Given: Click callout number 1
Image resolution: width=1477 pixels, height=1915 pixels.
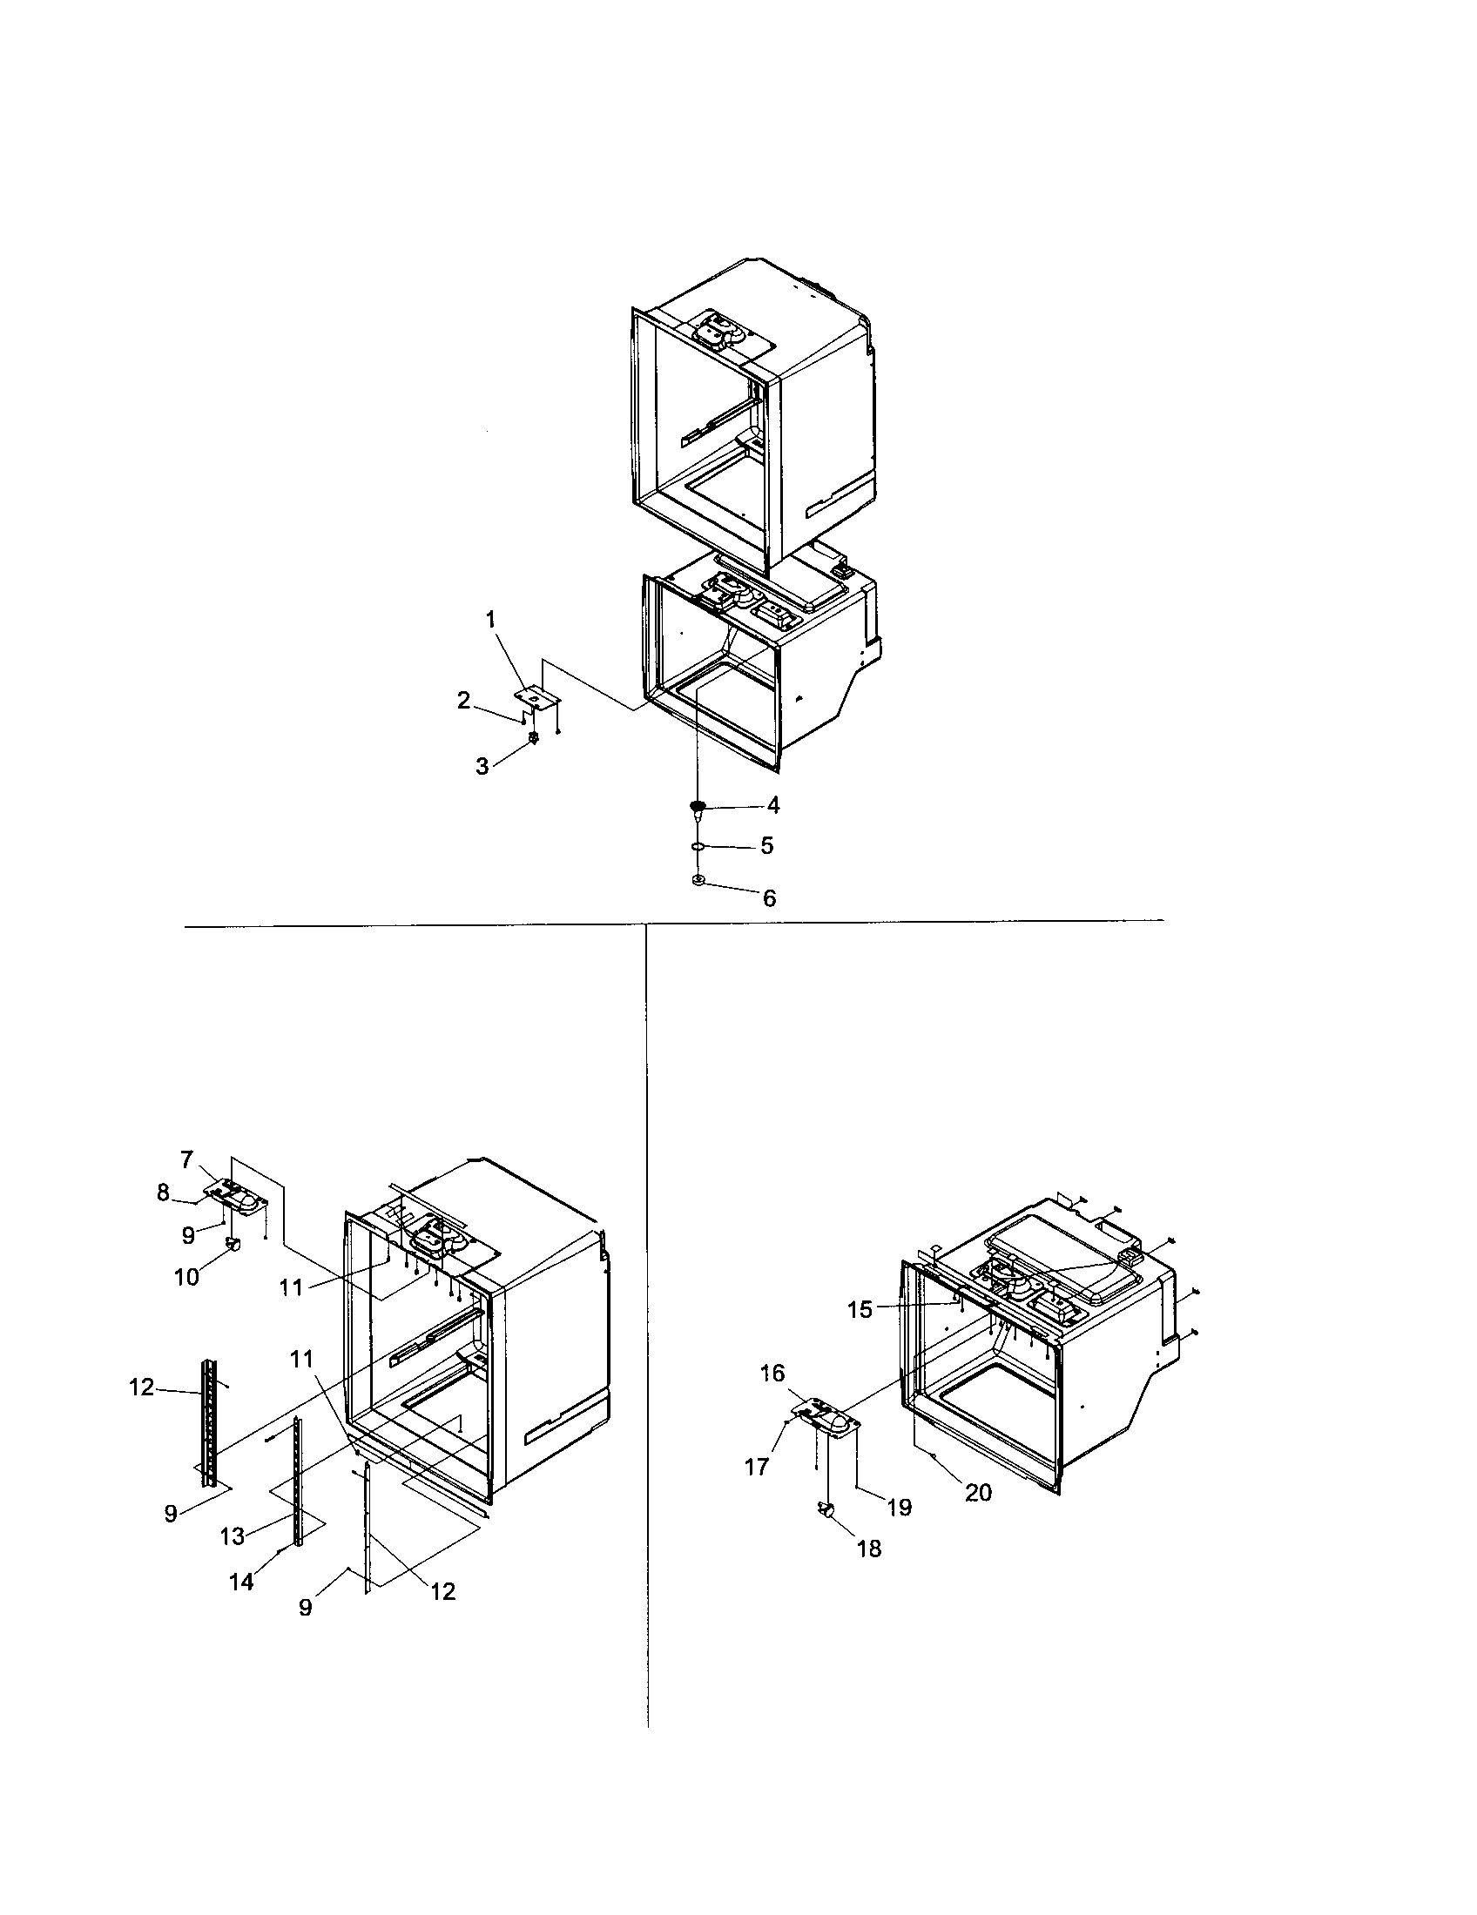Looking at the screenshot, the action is point(490,620).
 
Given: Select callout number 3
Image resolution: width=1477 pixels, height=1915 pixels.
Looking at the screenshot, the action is point(482,766).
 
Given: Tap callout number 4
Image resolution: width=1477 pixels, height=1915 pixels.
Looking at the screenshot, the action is point(772,805).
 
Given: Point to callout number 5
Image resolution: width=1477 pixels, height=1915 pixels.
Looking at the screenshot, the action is point(766,846).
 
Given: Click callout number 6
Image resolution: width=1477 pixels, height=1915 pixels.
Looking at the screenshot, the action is point(769,898).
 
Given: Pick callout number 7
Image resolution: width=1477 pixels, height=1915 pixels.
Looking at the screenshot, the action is point(187,1159).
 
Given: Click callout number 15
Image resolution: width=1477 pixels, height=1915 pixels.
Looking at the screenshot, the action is point(860,1310).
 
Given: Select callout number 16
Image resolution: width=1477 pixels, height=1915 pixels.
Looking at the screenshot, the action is point(772,1373).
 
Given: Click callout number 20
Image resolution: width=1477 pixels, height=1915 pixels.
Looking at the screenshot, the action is point(978,1491).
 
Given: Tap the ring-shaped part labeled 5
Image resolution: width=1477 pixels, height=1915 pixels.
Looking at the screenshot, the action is point(698,847).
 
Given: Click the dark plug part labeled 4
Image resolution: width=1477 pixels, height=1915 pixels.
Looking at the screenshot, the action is point(698,808).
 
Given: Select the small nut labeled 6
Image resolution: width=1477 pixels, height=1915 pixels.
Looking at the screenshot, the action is point(698,879).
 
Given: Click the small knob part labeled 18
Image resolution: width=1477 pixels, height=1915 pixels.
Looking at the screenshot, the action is point(826,1508).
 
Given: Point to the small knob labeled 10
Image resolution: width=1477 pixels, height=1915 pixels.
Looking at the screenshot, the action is point(233,1243).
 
